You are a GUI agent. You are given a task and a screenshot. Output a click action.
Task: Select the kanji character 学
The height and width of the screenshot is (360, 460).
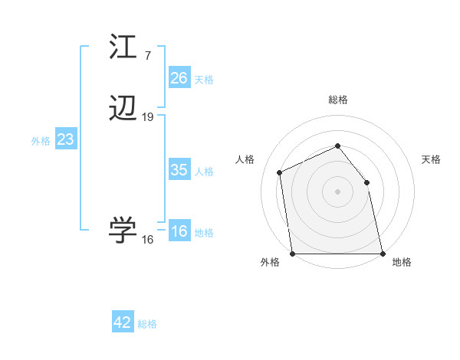(x=123, y=231)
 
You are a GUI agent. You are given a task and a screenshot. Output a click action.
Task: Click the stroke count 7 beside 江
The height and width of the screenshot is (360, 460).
(x=147, y=55)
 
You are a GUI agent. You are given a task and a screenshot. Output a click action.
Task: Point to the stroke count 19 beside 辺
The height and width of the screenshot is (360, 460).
(x=148, y=117)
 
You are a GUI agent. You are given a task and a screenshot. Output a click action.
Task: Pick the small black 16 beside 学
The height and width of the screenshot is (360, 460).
(x=148, y=240)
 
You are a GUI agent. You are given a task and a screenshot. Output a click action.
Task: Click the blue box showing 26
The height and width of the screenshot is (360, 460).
(x=179, y=77)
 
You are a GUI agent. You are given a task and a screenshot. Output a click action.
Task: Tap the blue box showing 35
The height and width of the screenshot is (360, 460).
(x=179, y=170)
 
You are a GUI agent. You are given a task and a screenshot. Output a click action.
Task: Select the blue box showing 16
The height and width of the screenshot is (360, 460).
(x=179, y=231)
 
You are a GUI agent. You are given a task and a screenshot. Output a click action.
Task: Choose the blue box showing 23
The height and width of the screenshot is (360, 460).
(x=66, y=139)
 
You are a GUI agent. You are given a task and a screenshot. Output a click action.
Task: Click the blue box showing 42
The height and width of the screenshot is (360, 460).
(x=123, y=322)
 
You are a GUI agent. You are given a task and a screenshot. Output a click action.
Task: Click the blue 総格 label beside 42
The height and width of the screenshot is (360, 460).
(x=147, y=324)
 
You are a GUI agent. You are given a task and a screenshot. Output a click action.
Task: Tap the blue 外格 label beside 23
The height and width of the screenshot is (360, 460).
(x=41, y=141)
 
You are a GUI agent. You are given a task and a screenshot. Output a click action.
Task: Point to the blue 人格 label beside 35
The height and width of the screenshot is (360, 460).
(x=205, y=172)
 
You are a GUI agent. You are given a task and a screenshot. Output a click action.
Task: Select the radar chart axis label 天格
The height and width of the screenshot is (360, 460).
(x=431, y=159)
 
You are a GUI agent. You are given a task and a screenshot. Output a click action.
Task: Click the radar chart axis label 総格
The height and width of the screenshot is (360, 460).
(x=337, y=100)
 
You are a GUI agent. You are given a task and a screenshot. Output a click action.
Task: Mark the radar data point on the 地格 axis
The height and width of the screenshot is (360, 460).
(x=382, y=253)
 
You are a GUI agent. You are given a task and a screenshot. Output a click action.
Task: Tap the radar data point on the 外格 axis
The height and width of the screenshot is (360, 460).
(x=293, y=253)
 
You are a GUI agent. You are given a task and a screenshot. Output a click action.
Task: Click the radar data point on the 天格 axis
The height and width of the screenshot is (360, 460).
(x=366, y=182)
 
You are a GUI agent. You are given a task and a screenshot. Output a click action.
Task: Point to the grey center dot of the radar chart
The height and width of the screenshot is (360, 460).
(x=337, y=191)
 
